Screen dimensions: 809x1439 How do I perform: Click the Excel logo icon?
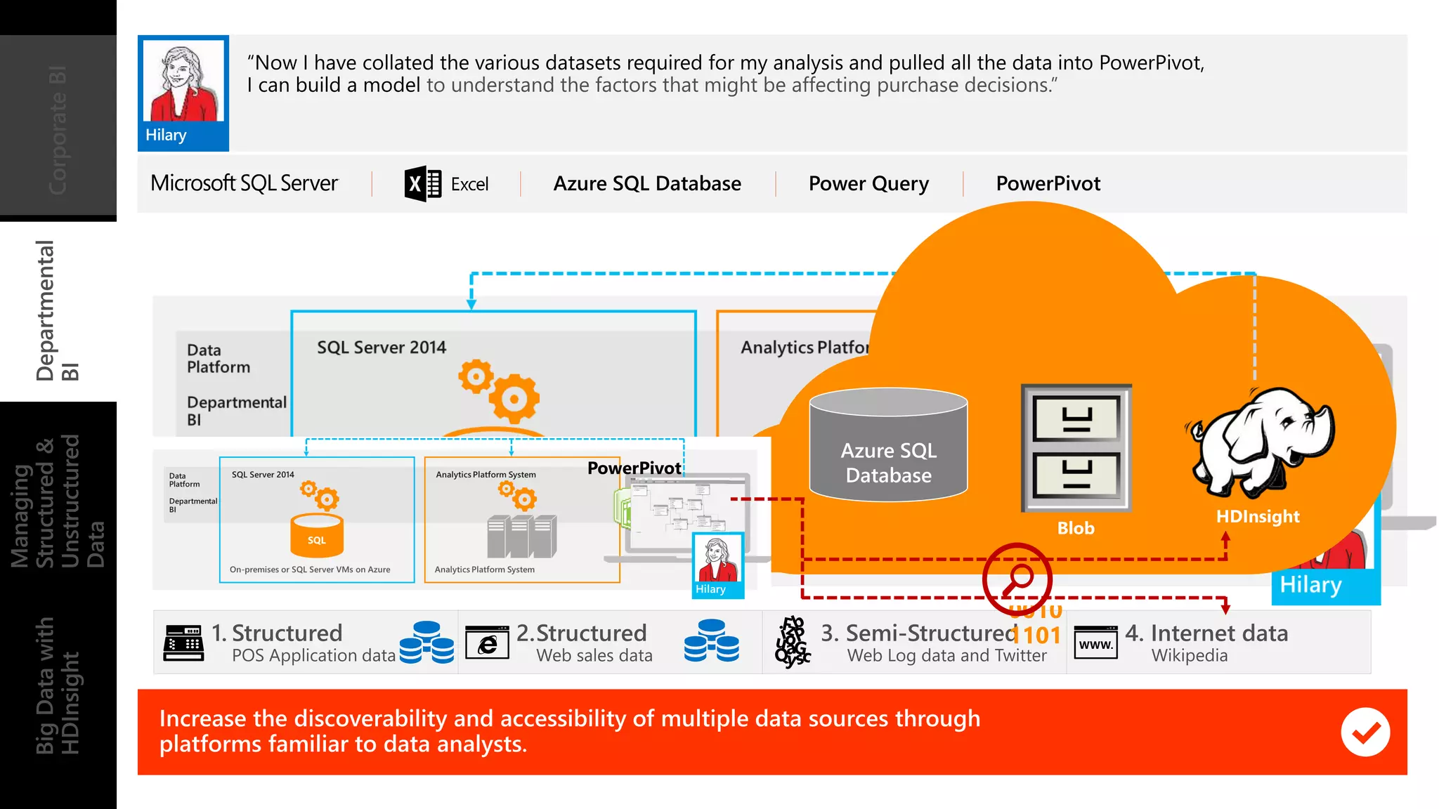coord(423,184)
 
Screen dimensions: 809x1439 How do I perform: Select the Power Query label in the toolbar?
coord(868,184)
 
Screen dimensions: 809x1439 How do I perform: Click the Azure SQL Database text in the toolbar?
coord(646,184)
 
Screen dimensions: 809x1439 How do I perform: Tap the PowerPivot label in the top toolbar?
coord(1048,184)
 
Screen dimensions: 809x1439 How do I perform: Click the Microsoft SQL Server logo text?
coord(244,183)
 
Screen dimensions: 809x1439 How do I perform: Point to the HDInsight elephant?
coord(1262,442)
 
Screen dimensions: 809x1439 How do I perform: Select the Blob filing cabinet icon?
coord(1076,447)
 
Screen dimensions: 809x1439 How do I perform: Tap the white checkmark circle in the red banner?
coord(1365,732)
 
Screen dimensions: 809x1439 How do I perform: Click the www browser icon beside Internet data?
coord(1095,643)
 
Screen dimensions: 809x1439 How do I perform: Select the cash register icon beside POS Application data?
coord(183,643)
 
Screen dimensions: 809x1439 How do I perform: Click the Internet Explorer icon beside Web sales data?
coord(487,643)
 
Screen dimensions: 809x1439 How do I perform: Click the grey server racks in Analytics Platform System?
coord(521,537)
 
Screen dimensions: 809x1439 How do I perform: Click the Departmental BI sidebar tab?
coord(58,311)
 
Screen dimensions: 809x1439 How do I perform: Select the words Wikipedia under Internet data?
coord(1189,656)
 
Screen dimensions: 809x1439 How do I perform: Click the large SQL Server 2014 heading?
coord(381,348)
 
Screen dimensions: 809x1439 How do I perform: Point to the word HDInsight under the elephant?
coord(1257,517)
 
